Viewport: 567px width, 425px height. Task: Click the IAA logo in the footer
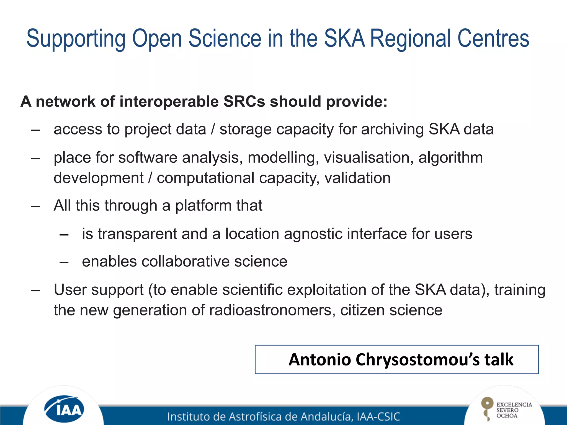[x=64, y=409]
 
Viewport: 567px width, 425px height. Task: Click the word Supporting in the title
[x=76, y=39]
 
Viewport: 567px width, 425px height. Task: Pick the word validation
[x=357, y=178]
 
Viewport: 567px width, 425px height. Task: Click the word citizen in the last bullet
[x=362, y=310]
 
